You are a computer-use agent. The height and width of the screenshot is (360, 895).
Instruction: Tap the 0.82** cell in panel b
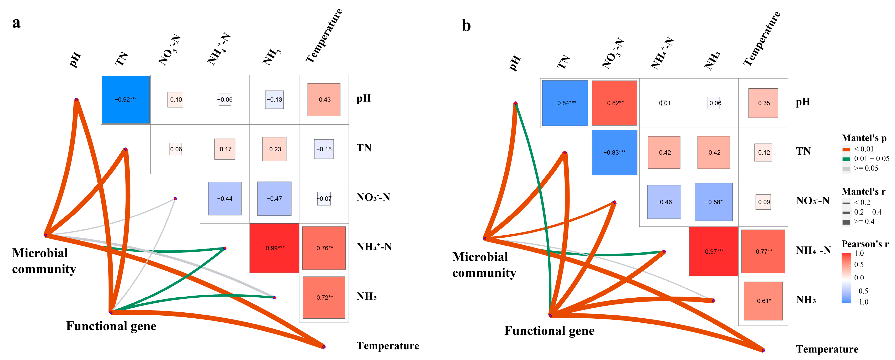pos(615,103)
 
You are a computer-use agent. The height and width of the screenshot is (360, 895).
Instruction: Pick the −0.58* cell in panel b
pos(714,202)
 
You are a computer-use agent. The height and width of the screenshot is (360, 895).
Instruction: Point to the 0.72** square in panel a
pos(324,297)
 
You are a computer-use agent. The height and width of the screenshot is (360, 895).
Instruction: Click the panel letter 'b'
pos(466,26)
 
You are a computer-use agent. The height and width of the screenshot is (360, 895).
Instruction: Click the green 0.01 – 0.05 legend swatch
pos(846,159)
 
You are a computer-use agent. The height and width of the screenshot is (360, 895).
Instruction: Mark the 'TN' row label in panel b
pos(803,151)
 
